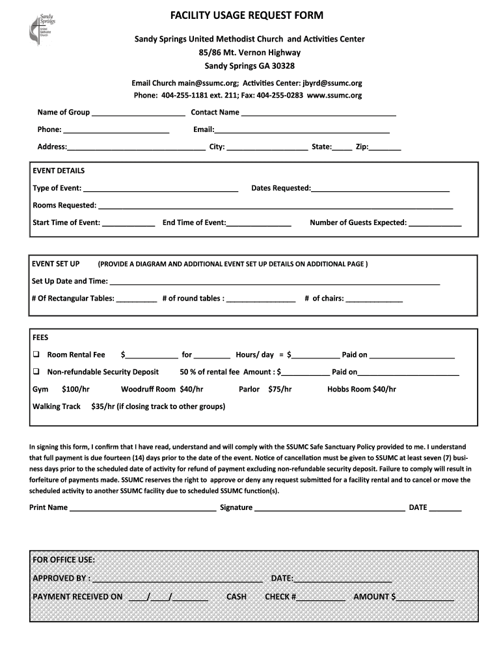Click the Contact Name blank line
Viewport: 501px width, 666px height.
[x=318, y=113]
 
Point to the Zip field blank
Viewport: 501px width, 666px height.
[x=385, y=148]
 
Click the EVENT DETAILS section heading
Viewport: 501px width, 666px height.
[x=59, y=171]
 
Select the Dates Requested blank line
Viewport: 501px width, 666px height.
[x=380, y=189]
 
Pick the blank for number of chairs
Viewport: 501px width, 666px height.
[x=374, y=300]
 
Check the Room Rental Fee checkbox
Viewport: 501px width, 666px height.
[x=36, y=355]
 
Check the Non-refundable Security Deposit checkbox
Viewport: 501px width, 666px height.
[x=36, y=372]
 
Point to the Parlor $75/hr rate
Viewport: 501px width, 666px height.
[x=265, y=390]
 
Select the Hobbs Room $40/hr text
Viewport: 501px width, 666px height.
[x=361, y=390]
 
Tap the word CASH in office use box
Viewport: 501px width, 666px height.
[x=236, y=596]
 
